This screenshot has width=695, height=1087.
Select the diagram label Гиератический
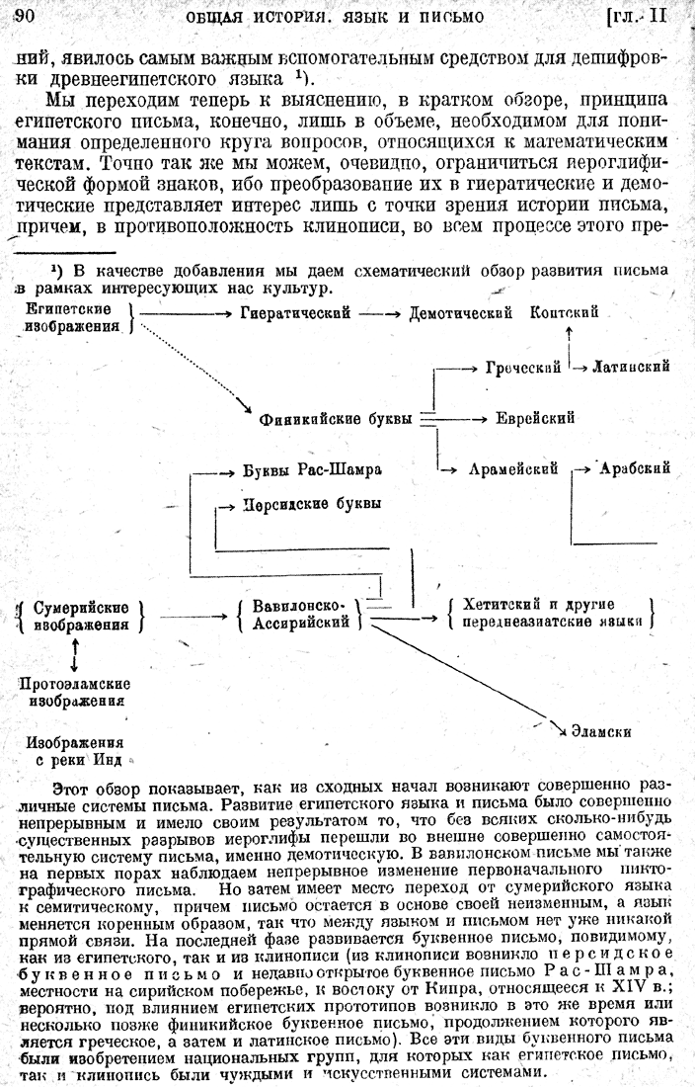(296, 313)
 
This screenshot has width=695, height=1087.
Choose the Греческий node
(523, 368)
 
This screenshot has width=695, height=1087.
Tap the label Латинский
(631, 368)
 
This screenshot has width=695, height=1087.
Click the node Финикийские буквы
(336, 419)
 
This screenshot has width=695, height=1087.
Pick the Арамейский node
(514, 468)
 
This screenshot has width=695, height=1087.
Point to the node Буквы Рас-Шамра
(312, 468)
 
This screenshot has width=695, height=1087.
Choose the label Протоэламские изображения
(75, 692)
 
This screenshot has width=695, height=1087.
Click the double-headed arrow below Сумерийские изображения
(76, 653)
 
